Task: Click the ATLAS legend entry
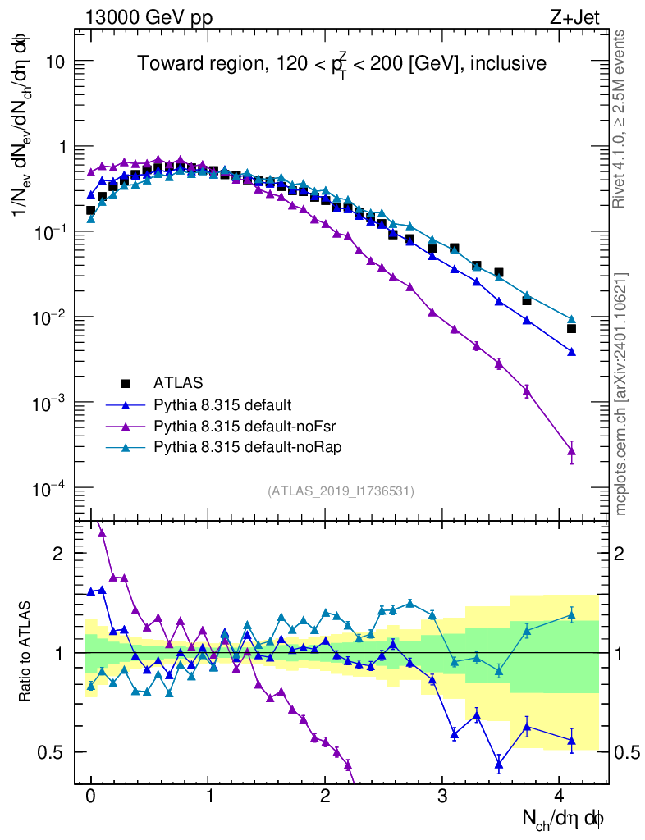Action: tap(176, 382)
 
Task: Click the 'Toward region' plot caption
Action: tap(341, 64)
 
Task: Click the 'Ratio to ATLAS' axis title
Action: tap(27, 652)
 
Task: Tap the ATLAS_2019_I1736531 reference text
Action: tap(341, 491)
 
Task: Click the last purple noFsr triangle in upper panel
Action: tap(572, 450)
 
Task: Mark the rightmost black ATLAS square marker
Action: tap(572, 329)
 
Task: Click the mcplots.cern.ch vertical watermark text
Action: tap(621, 394)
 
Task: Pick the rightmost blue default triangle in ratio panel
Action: tap(572, 741)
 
